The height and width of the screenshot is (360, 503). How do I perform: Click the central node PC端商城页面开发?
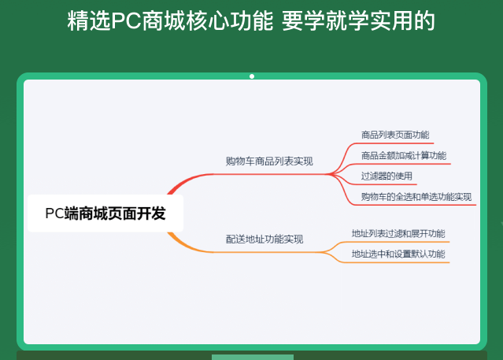point(105,213)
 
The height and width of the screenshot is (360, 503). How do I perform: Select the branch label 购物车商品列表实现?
point(269,161)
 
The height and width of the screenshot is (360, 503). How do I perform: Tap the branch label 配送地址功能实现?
point(264,239)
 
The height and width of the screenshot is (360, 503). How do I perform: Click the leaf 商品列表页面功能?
point(395,135)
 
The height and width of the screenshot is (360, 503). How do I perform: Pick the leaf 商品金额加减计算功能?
point(403,155)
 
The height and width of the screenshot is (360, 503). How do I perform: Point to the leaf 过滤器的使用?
point(386,176)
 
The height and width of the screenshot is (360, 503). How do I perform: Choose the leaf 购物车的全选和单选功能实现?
point(416,196)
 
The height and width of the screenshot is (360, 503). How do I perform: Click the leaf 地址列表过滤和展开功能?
point(398,233)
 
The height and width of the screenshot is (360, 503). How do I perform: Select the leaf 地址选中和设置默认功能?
point(398,254)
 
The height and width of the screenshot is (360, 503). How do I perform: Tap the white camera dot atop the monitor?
point(252,76)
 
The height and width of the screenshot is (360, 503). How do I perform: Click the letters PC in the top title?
point(125,21)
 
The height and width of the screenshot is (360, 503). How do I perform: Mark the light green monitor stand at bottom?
point(252,357)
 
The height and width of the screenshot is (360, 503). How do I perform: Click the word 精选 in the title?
point(85,21)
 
